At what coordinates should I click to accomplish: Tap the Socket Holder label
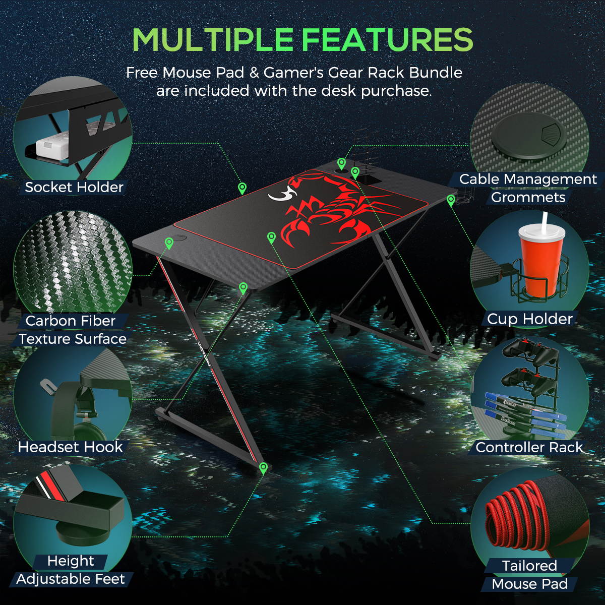tap(74, 188)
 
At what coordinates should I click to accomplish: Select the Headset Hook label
tap(70, 447)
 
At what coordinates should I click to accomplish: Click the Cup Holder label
tap(530, 319)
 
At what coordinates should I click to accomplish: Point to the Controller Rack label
tap(529, 447)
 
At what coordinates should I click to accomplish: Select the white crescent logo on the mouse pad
tap(282, 193)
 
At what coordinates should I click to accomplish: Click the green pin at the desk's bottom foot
tap(263, 468)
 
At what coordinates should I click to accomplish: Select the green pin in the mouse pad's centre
tap(271, 237)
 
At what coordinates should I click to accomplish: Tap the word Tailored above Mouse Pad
tap(530, 566)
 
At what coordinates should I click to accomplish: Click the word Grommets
tap(528, 198)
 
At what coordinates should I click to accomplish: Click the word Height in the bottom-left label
tap(71, 561)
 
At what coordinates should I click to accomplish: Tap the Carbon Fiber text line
tap(71, 321)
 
